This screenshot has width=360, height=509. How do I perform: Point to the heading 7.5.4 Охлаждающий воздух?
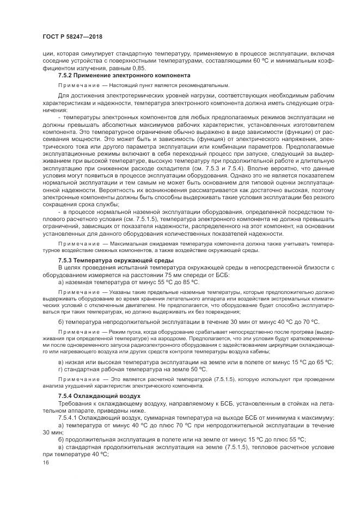[99, 395]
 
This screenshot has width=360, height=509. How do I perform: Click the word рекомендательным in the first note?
[204, 85]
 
